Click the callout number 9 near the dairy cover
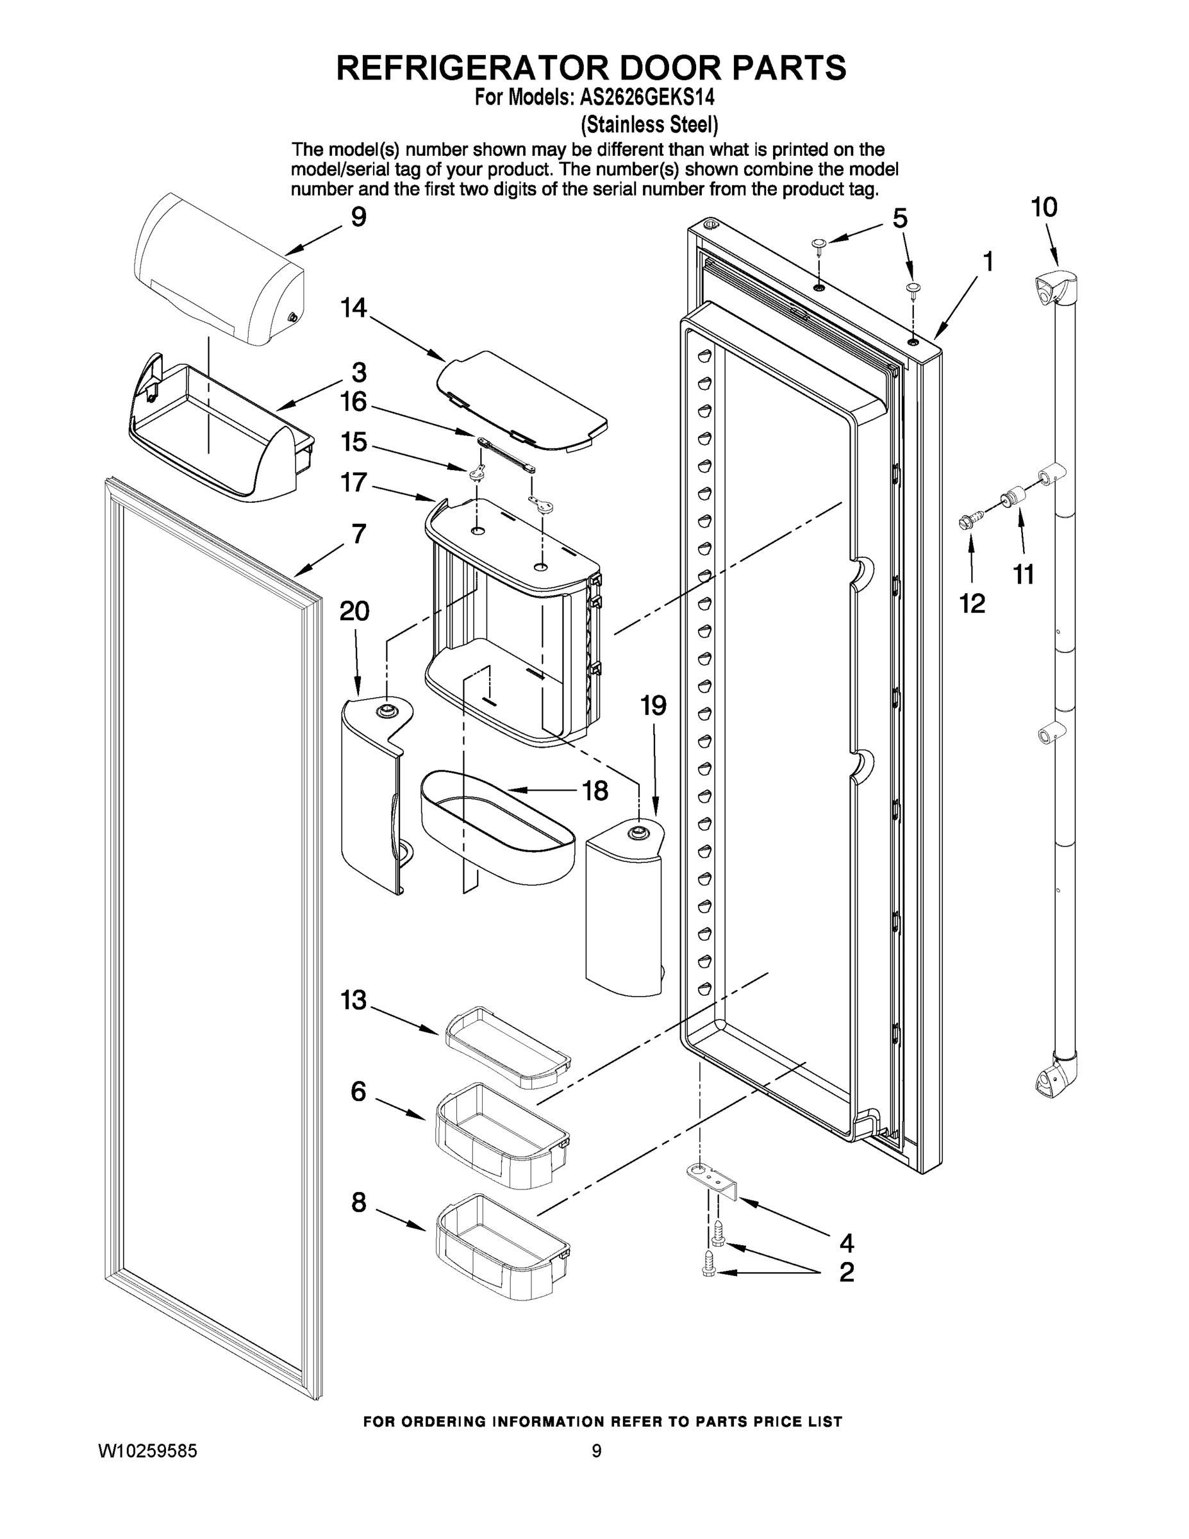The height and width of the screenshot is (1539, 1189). point(358,217)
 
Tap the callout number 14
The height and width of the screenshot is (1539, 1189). point(354,308)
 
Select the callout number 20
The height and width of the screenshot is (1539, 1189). point(354,611)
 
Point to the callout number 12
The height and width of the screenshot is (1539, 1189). point(972,603)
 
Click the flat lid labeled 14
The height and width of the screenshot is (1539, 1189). point(521,399)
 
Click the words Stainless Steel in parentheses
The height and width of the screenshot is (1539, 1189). point(649,125)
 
